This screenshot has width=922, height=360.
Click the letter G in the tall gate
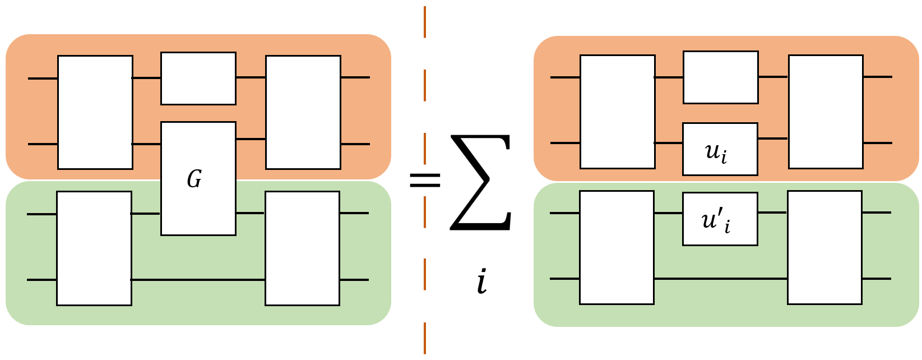pos(194,179)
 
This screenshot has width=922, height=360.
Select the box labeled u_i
pos(720,149)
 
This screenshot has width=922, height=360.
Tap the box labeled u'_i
pos(720,219)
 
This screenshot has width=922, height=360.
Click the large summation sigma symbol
pos(481,182)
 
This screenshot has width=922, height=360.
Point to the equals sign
pos(425,180)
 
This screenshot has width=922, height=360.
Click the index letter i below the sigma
pos(481,282)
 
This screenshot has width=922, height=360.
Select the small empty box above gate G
pos(198,79)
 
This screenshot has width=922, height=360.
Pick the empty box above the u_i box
pos(720,77)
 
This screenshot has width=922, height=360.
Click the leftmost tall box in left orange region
pos(95,112)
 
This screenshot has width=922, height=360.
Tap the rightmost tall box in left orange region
pos(303,112)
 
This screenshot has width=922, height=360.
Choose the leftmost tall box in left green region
pos(94,248)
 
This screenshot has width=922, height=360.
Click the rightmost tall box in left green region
pos(302,248)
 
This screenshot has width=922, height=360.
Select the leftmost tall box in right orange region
pos(617,112)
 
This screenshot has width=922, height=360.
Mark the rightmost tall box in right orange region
pos(825,112)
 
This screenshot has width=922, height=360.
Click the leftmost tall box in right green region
pos(617,247)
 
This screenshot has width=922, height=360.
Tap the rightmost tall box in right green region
pos(824,247)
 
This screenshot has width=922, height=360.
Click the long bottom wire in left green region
pos(198,279)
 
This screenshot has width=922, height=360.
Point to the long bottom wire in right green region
pos(720,278)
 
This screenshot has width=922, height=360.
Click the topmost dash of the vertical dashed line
pos(425,22)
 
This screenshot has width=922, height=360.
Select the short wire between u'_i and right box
pos(772,213)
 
